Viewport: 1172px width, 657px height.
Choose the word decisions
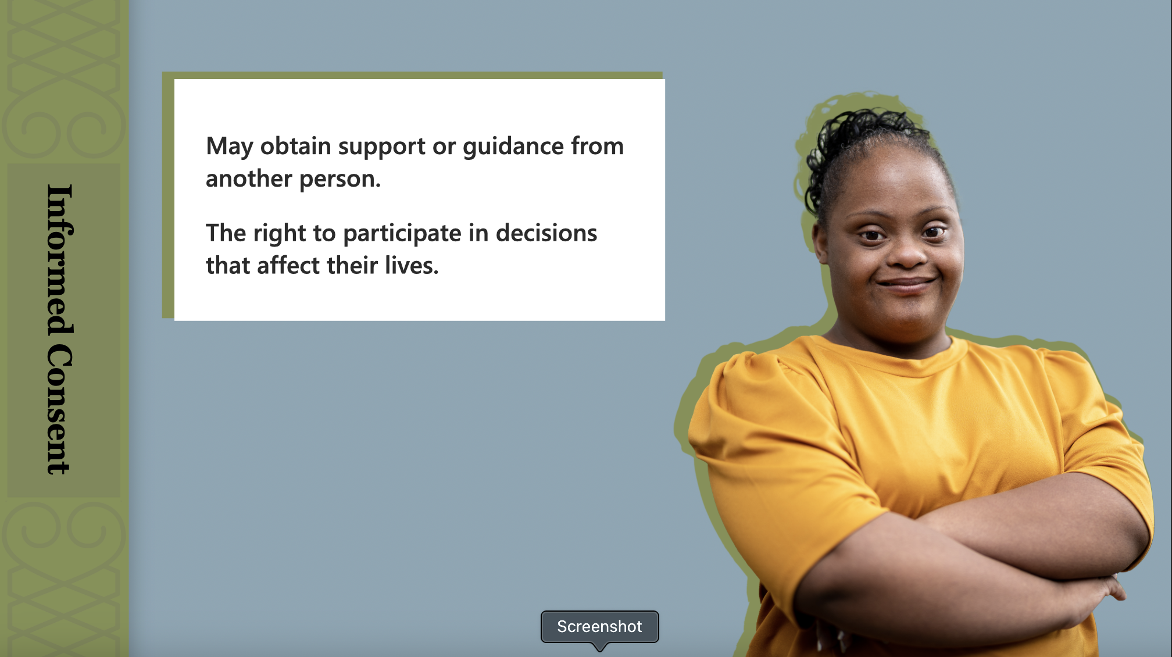click(x=546, y=233)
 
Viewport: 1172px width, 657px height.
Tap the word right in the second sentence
click(x=280, y=234)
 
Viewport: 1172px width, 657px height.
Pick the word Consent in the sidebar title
click(x=60, y=410)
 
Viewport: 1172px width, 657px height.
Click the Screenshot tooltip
click(x=600, y=627)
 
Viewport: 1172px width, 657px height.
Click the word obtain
click(x=296, y=147)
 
